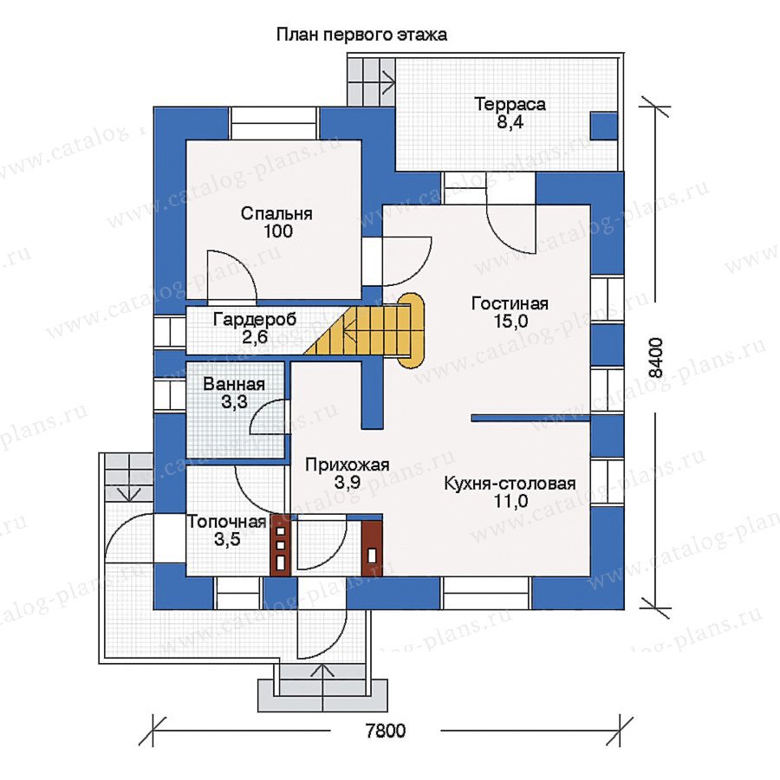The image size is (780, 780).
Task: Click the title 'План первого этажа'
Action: [x=361, y=35]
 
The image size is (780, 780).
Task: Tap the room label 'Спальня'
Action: [x=276, y=213]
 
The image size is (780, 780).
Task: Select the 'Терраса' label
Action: [x=510, y=104]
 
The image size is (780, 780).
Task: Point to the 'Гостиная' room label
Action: [x=510, y=303]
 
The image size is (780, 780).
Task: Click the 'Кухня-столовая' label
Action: [x=510, y=484]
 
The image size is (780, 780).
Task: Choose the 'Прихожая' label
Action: [x=347, y=465]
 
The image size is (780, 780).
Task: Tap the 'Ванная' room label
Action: [x=234, y=384]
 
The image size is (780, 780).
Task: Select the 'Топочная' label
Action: [x=227, y=522]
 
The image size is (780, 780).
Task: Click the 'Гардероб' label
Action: [x=255, y=319]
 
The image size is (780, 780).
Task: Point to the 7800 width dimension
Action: [x=386, y=731]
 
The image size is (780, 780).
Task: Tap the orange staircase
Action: [x=366, y=330]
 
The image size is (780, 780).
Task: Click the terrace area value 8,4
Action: [x=510, y=122]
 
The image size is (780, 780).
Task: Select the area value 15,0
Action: [x=510, y=322]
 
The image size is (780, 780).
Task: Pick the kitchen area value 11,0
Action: [x=510, y=502]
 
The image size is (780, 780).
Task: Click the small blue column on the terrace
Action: [x=604, y=126]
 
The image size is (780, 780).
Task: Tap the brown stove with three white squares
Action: [x=280, y=546]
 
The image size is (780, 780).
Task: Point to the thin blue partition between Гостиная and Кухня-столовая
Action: [x=530, y=418]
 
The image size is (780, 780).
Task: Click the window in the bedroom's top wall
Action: [x=274, y=123]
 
